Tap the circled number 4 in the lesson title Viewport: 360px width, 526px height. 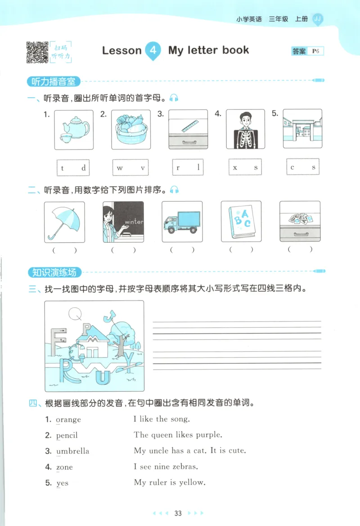pos(153,50)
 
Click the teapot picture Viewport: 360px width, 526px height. pos(74,130)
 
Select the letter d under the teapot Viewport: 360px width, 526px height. pos(83,168)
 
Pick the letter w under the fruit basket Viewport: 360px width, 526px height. pos(120,168)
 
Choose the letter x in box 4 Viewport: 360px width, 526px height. pos(235,168)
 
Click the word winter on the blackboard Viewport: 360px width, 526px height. pos(134,222)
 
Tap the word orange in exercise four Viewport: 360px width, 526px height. pos(68,420)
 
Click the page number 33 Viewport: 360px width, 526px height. pos(178,513)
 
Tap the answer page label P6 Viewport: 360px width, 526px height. pos(316,51)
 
